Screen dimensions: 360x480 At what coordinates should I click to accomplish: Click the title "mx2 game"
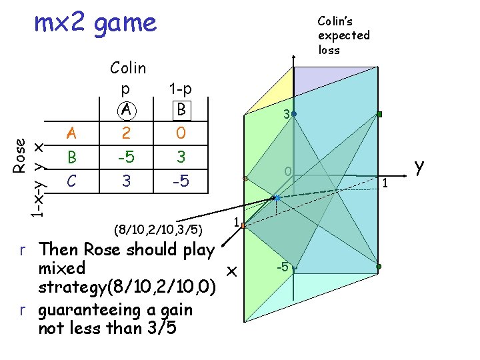[x=95, y=23]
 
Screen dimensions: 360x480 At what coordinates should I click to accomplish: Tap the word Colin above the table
[x=128, y=68]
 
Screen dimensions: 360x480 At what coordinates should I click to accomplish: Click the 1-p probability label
[x=180, y=89]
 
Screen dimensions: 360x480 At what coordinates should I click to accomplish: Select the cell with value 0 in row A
[x=180, y=133]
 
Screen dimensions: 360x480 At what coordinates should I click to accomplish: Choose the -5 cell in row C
[x=180, y=181]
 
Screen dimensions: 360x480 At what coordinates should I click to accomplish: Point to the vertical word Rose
[x=21, y=156]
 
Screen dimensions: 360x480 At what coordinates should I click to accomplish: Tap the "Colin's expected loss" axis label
[x=343, y=35]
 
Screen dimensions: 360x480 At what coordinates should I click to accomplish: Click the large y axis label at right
[x=419, y=167]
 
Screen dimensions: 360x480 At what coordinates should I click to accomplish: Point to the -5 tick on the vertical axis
[x=283, y=267]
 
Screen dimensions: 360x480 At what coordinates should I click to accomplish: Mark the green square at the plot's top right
[x=379, y=115]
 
